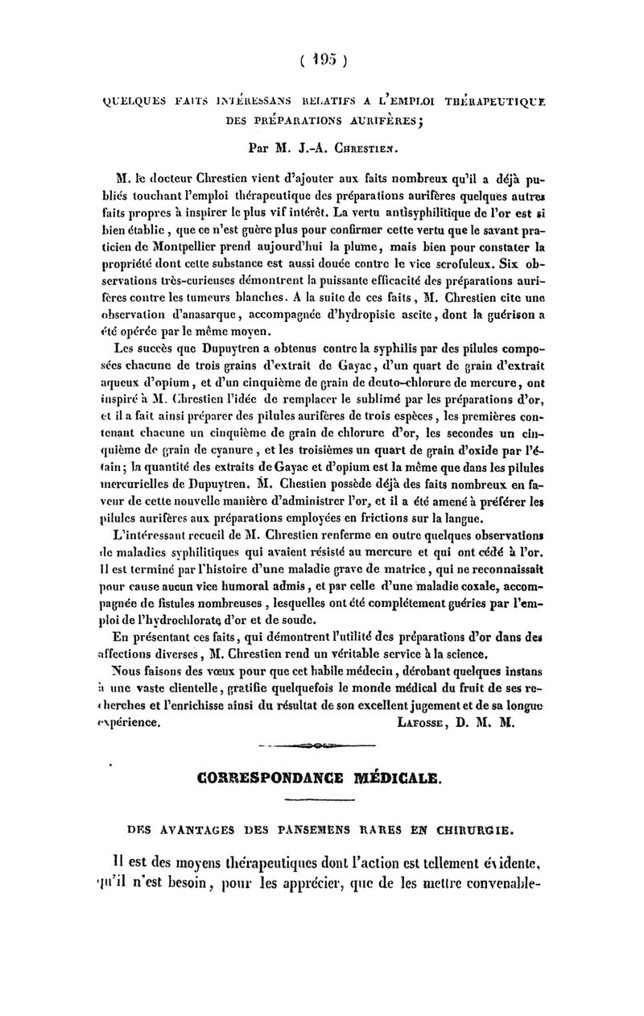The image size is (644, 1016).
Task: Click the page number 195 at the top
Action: (321, 59)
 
